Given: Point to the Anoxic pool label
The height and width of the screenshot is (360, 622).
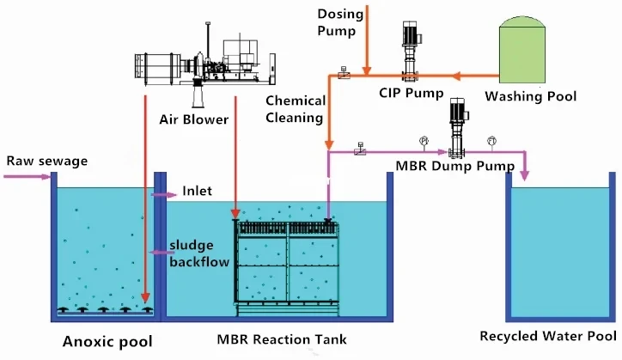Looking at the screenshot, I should [101, 342].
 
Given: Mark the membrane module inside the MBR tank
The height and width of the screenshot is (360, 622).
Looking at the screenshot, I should [287, 262].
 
